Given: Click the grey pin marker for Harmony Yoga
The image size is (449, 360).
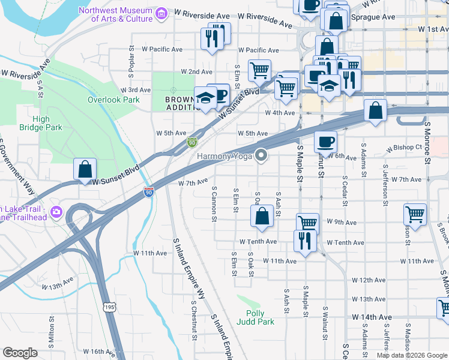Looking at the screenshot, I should click(x=261, y=155).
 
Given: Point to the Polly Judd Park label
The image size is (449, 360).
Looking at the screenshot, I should click(x=260, y=317).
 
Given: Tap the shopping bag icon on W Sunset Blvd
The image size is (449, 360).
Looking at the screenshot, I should click(x=85, y=170).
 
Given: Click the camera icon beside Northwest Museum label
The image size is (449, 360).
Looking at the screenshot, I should click(x=160, y=13).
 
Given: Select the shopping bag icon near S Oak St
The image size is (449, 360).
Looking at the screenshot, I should click(x=262, y=216).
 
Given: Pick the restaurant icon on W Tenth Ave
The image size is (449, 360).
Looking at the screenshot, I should click(x=305, y=241).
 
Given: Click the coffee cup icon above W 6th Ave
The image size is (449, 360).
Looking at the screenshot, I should click(x=325, y=142).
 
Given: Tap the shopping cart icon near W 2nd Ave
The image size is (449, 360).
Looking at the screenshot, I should click(x=259, y=70).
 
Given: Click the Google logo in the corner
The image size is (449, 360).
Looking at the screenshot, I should click(x=20, y=353).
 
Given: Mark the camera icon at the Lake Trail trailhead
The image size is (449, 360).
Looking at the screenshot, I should click(x=56, y=211).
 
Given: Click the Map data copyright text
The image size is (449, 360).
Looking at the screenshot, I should click(x=411, y=355).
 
